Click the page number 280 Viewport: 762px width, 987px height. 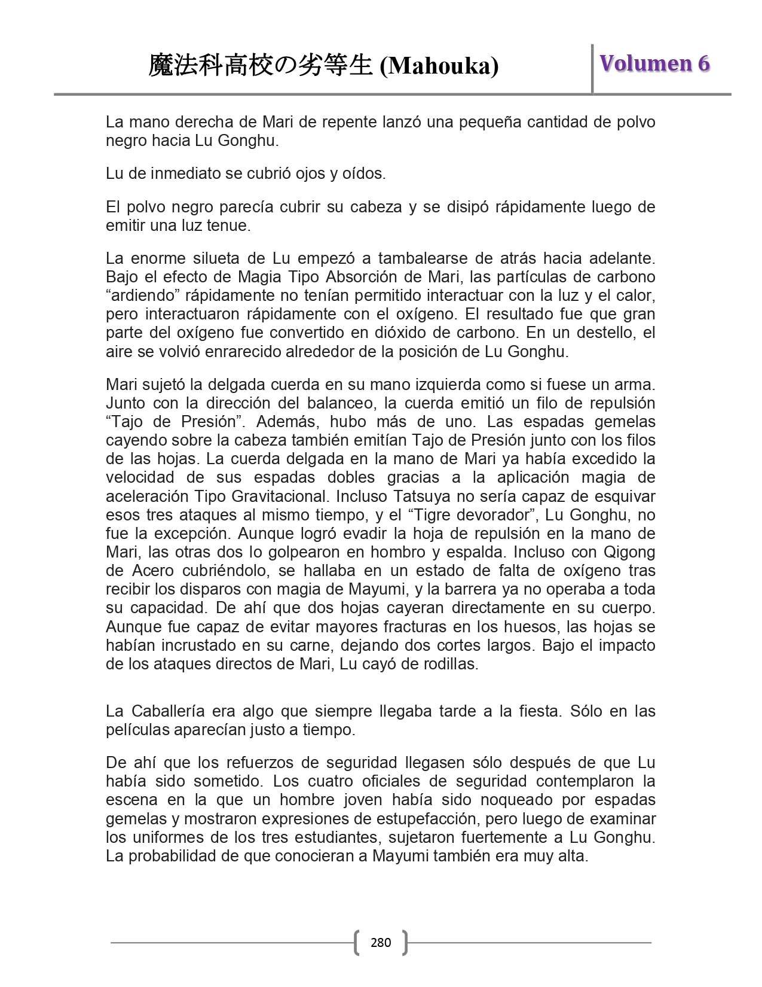[x=381, y=943]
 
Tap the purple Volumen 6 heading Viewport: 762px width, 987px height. [x=654, y=63]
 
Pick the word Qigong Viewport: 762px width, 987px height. [x=629, y=552]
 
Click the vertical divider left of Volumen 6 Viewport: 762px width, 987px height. [x=592, y=68]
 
